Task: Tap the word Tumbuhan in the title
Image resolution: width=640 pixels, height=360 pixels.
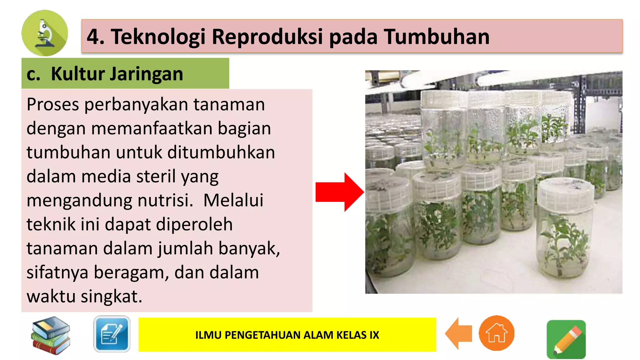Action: click(436, 37)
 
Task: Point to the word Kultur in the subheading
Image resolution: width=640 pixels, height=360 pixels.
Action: click(78, 74)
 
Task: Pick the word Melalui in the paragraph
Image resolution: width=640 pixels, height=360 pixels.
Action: click(233, 200)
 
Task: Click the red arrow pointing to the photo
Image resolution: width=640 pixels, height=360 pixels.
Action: click(339, 192)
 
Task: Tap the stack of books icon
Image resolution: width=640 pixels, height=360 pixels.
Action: click(51, 335)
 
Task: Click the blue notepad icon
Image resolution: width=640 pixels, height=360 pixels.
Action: click(112, 334)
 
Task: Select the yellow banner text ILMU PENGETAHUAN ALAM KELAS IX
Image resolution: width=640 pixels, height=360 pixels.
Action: click(287, 335)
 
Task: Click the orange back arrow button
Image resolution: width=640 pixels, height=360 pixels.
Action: click(458, 333)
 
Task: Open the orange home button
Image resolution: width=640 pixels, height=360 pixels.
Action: click(496, 333)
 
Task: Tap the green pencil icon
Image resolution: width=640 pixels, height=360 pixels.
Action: click(566, 339)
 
